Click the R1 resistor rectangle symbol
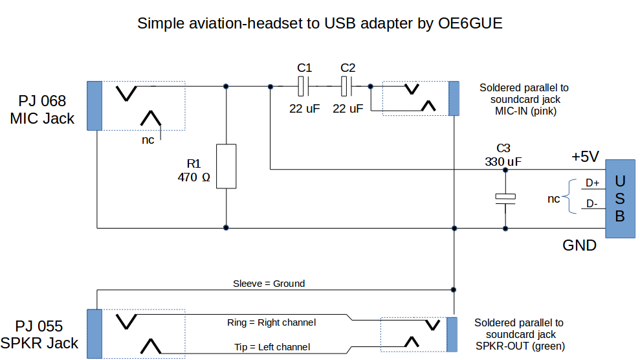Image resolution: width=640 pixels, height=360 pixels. (226, 166)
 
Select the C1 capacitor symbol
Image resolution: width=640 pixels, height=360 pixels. (304, 85)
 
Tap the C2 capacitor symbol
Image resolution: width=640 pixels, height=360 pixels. (348, 85)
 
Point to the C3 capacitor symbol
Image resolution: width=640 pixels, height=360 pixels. (505, 199)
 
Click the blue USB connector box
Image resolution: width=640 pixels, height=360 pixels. (619, 198)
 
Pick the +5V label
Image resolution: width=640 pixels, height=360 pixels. (585, 156)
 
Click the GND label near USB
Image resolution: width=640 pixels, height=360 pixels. (579, 246)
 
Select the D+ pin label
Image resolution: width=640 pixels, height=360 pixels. (592, 183)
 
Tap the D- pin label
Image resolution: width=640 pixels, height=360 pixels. (592, 204)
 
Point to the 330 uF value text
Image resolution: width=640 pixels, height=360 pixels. (504, 163)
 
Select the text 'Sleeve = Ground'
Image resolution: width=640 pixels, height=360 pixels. (269, 284)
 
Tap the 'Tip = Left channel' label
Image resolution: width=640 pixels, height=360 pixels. (272, 347)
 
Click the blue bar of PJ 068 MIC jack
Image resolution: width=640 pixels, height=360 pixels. (94, 106)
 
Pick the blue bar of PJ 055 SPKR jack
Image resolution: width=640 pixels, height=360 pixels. (94, 333)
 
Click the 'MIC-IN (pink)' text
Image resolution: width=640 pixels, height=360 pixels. (525, 111)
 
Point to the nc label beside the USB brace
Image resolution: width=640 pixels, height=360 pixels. (553, 199)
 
